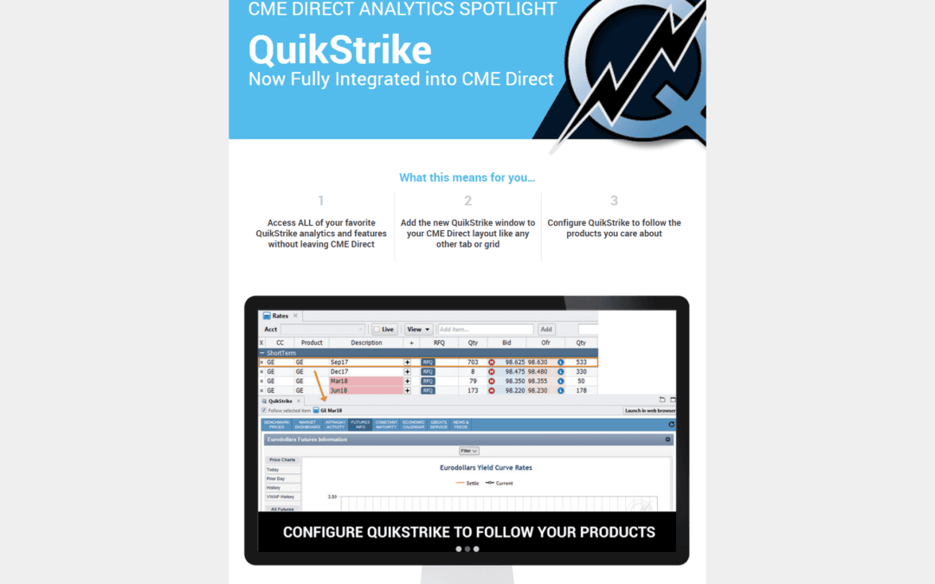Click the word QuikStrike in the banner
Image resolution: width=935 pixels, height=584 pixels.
[x=339, y=50]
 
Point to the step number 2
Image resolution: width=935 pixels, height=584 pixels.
[x=467, y=201]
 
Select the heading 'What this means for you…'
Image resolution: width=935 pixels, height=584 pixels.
[x=467, y=177]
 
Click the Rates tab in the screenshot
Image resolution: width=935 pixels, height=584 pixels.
[x=280, y=316]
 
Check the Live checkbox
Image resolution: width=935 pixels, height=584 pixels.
[x=377, y=330]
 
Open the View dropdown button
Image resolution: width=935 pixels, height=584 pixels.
[x=419, y=330]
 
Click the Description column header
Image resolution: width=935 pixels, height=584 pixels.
[x=366, y=343]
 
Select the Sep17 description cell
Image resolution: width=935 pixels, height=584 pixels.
[x=339, y=363]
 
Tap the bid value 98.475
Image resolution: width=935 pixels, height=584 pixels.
[x=515, y=372]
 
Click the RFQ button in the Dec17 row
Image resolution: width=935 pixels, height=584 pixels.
[x=428, y=372]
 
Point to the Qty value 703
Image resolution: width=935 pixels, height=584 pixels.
[x=473, y=363]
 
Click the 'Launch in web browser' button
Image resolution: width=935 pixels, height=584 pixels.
[x=649, y=411]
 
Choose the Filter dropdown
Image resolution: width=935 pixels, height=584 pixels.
[x=468, y=451]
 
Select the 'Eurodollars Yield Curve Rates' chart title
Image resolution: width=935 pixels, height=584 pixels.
[x=486, y=467]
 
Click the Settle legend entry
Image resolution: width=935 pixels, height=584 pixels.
[x=467, y=483]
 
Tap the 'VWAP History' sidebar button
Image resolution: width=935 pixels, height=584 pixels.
[x=280, y=497]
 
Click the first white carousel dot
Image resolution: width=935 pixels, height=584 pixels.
[x=458, y=549]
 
